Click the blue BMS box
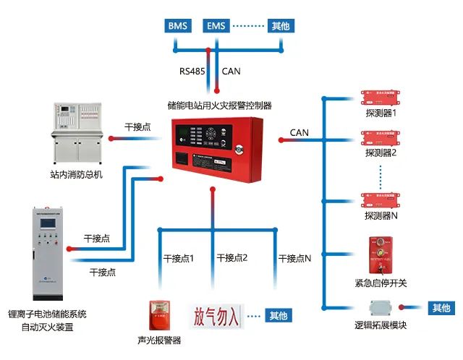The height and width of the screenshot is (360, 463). [x=177, y=27]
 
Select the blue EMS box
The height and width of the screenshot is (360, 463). [x=216, y=27]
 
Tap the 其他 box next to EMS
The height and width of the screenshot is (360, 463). [x=281, y=27]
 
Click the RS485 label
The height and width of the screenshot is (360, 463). [x=193, y=71]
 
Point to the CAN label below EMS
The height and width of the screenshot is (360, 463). [x=231, y=71]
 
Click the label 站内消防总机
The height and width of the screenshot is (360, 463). [x=76, y=175]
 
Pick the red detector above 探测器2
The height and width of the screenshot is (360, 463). [x=381, y=139]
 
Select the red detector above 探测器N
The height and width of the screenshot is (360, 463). [x=381, y=200]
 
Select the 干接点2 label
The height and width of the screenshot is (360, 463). [x=231, y=257]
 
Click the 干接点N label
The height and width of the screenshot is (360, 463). [x=294, y=257]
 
